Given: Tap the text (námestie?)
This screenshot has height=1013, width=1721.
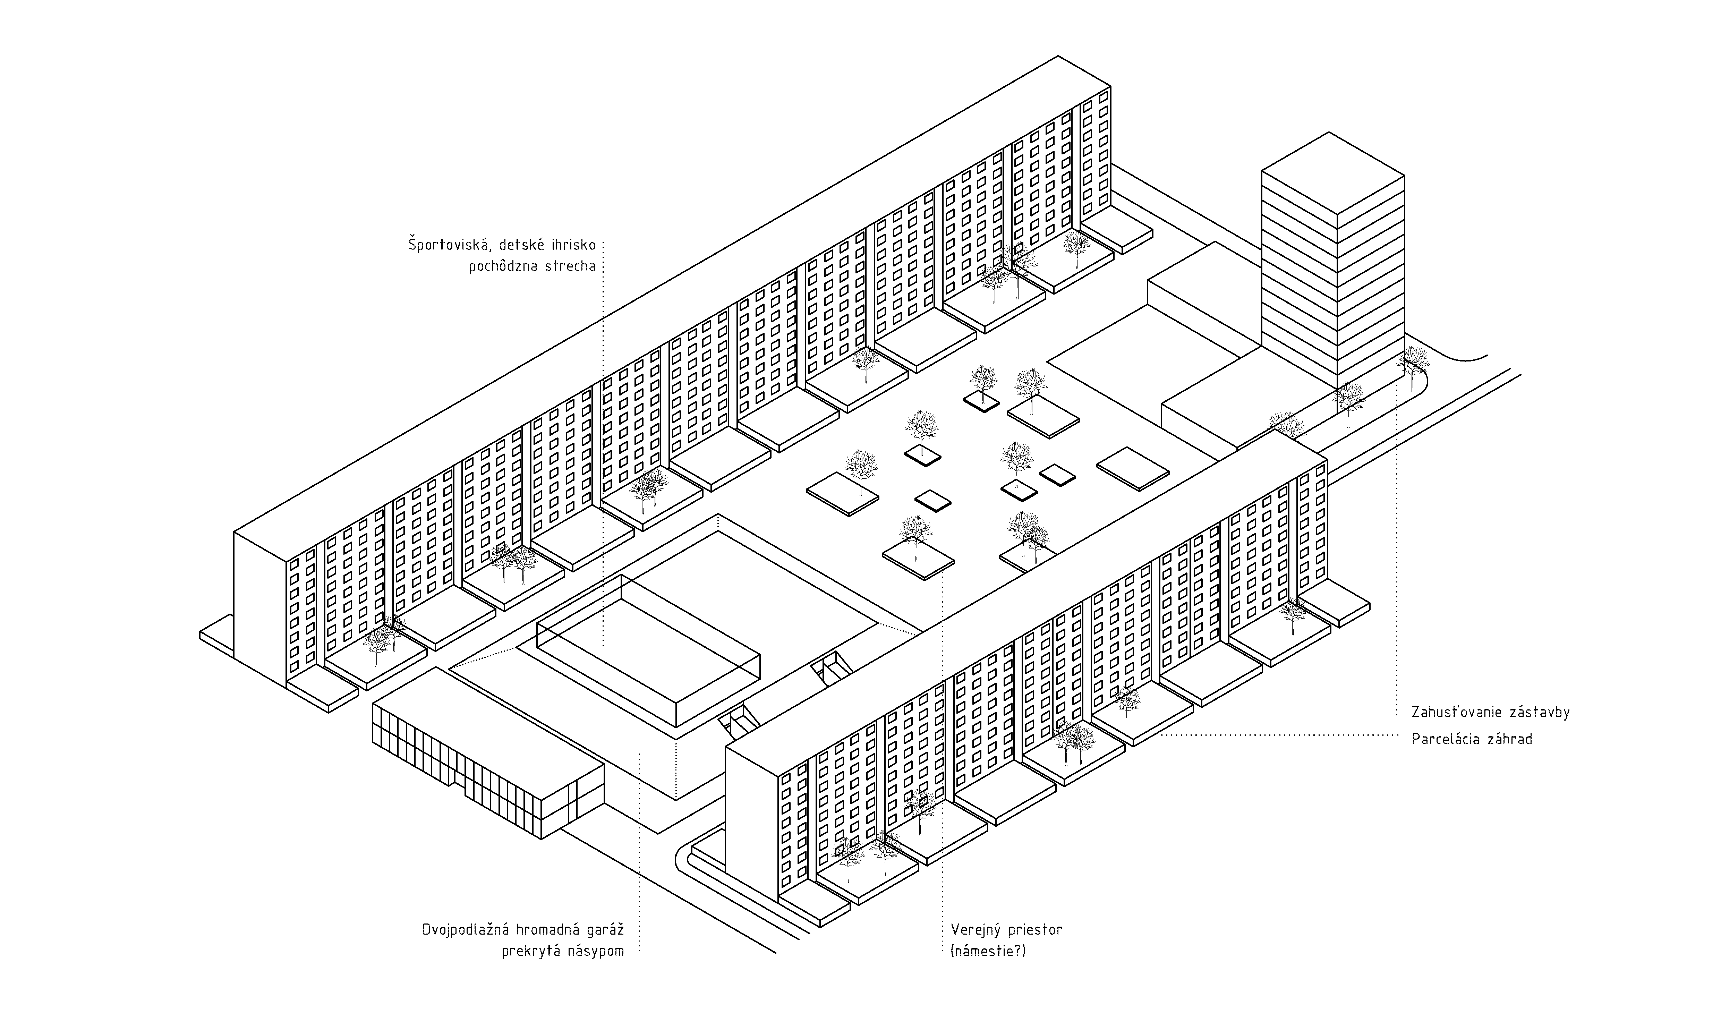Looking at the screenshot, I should coord(988,951).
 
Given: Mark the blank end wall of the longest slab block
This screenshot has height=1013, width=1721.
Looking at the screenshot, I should coord(259,608).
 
